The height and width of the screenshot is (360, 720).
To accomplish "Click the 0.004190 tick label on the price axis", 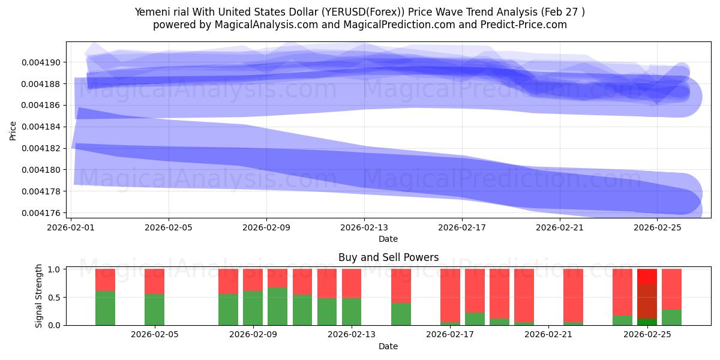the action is [41, 62].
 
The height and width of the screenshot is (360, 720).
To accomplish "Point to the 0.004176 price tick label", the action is [41, 213].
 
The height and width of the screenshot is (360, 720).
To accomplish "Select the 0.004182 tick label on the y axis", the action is [41, 149].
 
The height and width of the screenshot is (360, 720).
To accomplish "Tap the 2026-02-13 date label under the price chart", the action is [364, 227].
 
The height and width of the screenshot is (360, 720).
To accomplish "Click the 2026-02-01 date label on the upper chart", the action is [71, 227].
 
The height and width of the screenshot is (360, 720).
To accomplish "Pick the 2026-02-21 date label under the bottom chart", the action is [548, 335].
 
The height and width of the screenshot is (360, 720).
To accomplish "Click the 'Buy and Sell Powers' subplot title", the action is [388, 257].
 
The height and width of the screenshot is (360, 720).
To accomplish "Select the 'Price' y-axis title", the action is [13, 131].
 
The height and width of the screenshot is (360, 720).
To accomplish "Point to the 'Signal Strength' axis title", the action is [38, 296].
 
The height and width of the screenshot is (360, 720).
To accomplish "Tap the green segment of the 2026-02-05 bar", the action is [154, 310].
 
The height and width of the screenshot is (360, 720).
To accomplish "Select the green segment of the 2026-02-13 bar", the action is [352, 311].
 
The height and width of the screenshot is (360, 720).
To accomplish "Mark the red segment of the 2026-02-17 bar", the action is [450, 295].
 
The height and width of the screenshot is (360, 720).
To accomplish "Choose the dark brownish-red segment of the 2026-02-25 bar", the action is [647, 301].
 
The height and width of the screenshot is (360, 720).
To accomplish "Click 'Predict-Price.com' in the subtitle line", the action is [524, 25].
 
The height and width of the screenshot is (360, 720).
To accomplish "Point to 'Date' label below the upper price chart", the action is [388, 239].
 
